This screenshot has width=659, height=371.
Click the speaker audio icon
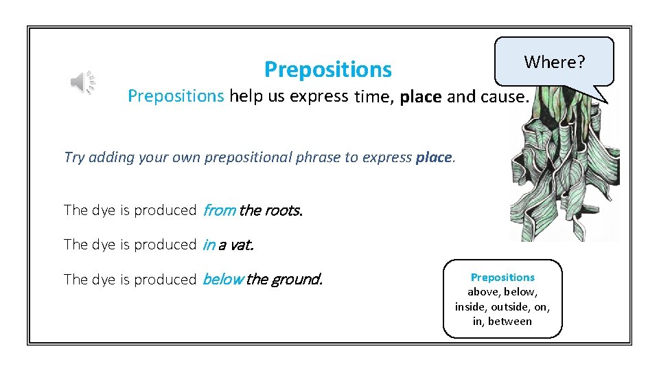click(x=82, y=82)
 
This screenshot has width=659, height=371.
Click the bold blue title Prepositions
click(x=327, y=69)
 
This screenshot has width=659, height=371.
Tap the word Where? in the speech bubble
click(x=555, y=63)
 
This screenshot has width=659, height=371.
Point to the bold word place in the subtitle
click(x=421, y=97)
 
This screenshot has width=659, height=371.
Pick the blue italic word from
click(x=219, y=210)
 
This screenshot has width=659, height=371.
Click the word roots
click(x=283, y=210)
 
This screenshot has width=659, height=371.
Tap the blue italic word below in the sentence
click(x=222, y=280)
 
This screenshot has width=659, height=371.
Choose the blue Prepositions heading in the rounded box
click(x=502, y=278)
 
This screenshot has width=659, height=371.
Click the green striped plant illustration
click(x=563, y=172)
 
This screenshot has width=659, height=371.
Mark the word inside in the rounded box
click(x=470, y=306)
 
